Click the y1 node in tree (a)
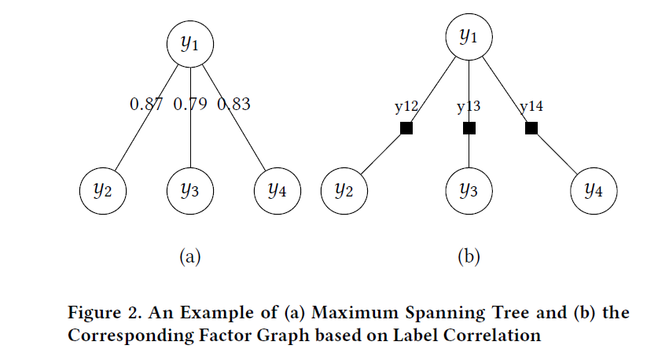pyautogui.click(x=191, y=43)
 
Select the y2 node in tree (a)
pyautogui.click(x=104, y=189)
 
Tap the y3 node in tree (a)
pyautogui.click(x=191, y=189)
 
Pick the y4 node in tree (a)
pyautogui.click(x=278, y=189)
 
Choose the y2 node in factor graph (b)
pyautogui.click(x=344, y=189)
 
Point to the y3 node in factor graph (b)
pyautogui.click(x=469, y=189)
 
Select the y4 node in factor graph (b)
pyautogui.click(x=594, y=189)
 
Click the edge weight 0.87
pyautogui.click(x=146, y=104)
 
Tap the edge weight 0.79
pyautogui.click(x=190, y=104)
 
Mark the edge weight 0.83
pyautogui.click(x=233, y=104)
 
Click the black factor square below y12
pyautogui.click(x=406, y=128)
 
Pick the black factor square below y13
pyautogui.click(x=469, y=128)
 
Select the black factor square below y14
pyautogui.click(x=531, y=128)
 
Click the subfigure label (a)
pyautogui.click(x=191, y=255)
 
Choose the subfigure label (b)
pyautogui.click(x=469, y=255)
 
